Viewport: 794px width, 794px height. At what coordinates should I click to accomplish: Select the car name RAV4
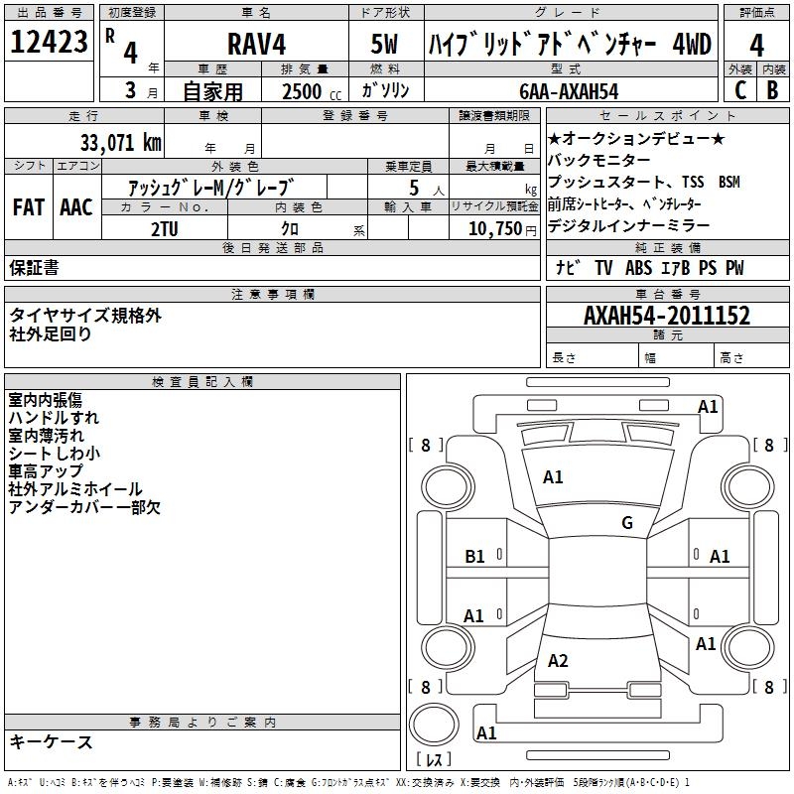[x=256, y=45]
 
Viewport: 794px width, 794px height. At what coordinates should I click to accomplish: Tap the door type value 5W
[x=386, y=45]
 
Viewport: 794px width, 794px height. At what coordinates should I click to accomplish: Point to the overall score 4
[x=756, y=45]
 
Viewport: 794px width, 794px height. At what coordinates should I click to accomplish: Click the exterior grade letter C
[x=739, y=90]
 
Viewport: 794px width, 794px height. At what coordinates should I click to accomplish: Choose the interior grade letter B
[x=772, y=90]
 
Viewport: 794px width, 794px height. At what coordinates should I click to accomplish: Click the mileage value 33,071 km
[x=120, y=143]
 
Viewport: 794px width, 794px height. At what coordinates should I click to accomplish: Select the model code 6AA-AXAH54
[x=569, y=91]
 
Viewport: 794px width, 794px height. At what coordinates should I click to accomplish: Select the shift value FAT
[x=29, y=207]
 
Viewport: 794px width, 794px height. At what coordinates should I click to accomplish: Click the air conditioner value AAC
[x=76, y=207]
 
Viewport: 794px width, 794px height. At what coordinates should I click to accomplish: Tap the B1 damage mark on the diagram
[x=475, y=557]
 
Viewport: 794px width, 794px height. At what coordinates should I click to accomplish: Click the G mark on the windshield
[x=626, y=523]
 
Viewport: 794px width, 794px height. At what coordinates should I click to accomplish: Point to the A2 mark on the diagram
[x=558, y=661]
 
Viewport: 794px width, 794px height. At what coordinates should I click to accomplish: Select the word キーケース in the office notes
[x=52, y=742]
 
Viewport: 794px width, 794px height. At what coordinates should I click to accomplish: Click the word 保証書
[x=34, y=268]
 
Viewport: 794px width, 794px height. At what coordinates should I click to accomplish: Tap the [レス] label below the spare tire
[x=433, y=760]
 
